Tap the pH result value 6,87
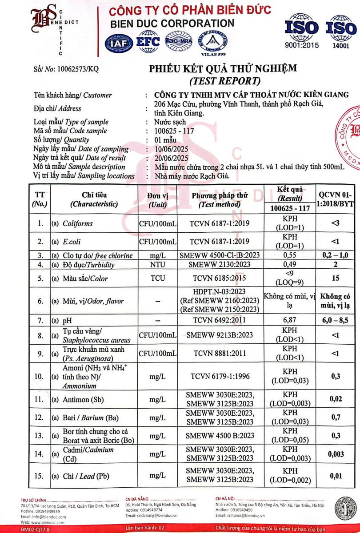289,320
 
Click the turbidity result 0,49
289,265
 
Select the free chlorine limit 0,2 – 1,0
336,255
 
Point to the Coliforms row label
78,223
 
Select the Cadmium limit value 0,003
336,453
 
